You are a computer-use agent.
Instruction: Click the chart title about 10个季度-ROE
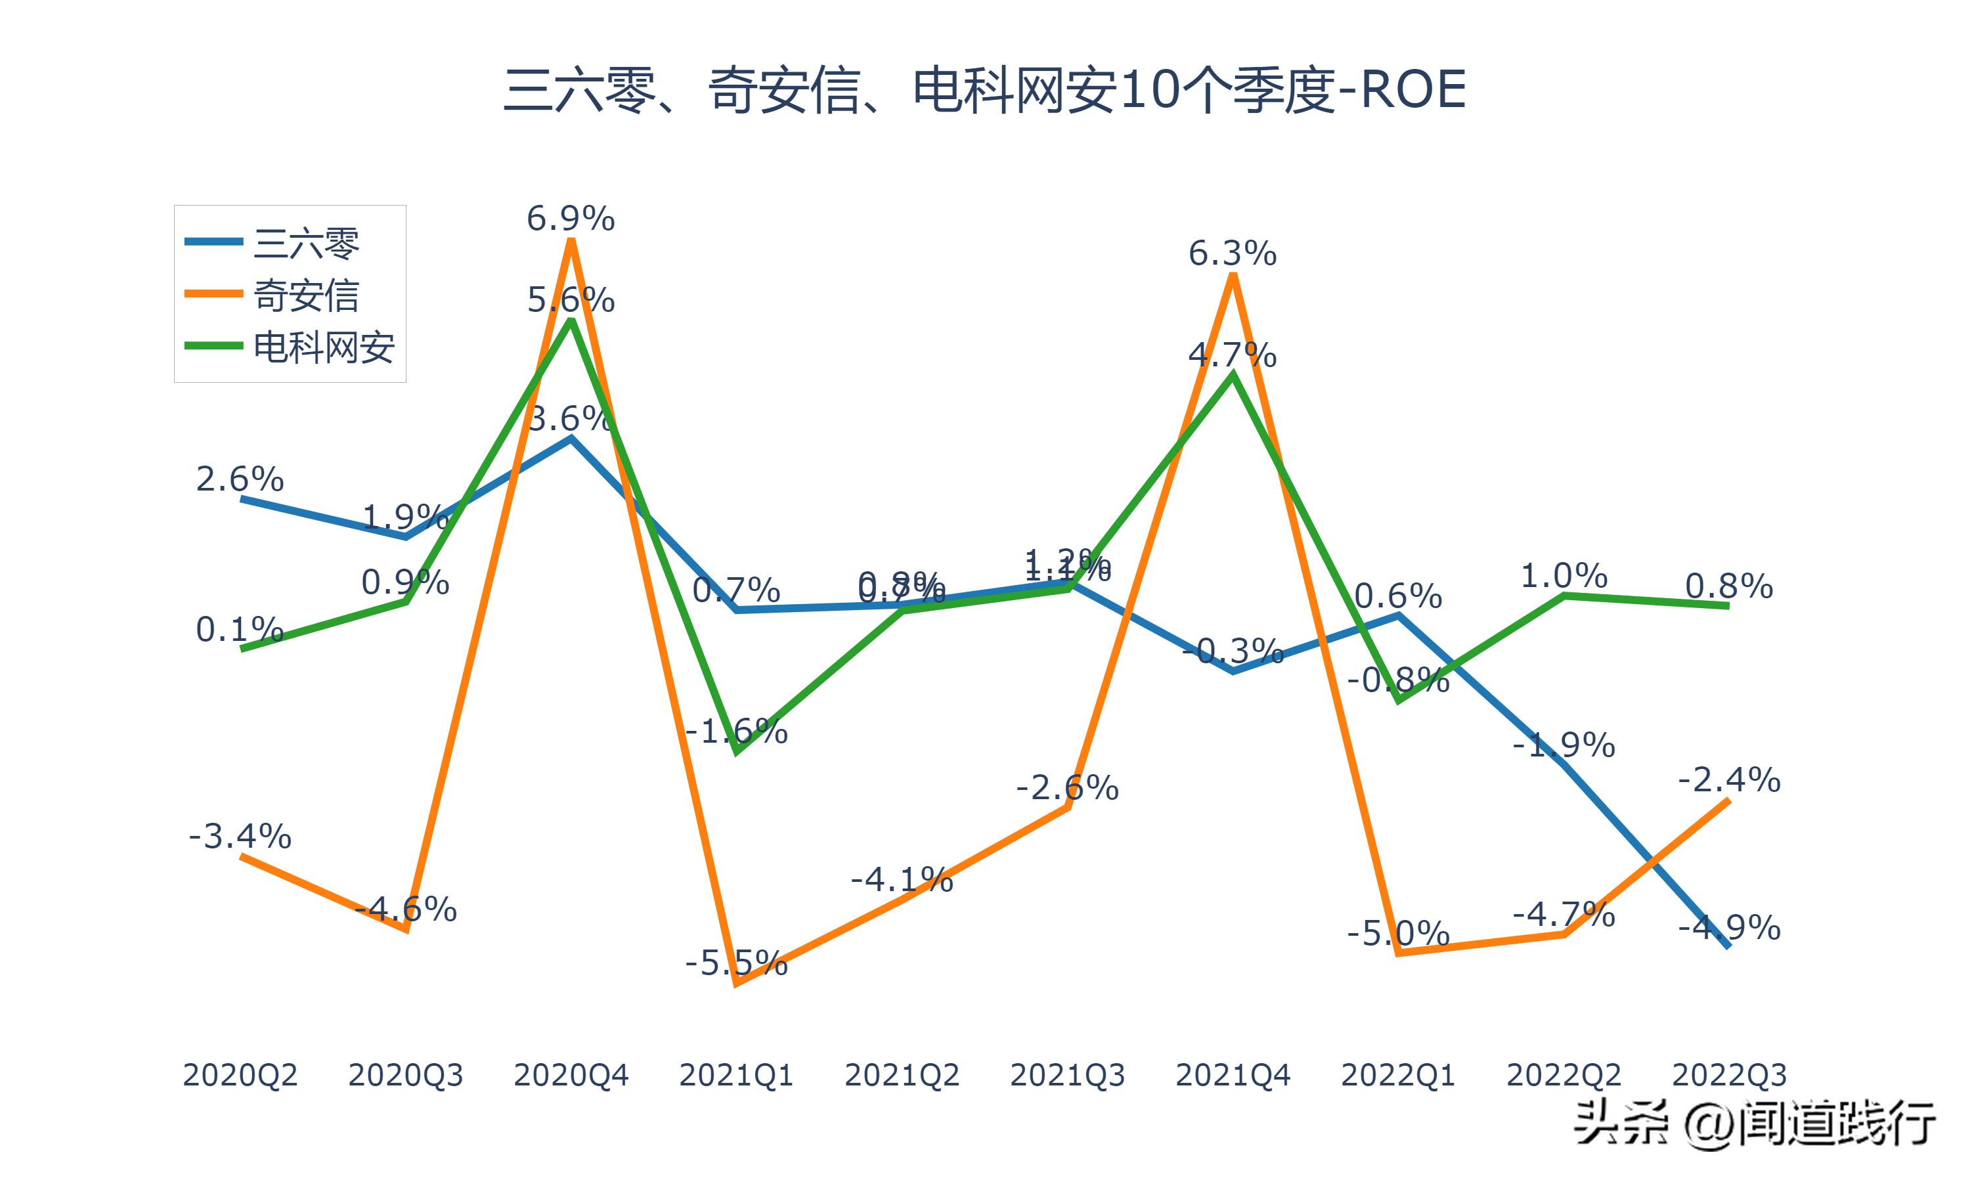coord(984,89)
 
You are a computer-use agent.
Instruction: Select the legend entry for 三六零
coord(306,242)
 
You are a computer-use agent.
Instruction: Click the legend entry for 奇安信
coord(306,295)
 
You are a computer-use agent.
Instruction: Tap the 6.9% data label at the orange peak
coord(570,218)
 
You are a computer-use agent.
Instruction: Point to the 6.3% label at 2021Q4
coord(1232,253)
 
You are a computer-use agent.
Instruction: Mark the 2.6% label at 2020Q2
coord(240,479)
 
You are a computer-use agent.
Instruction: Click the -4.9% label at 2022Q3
coord(1729,928)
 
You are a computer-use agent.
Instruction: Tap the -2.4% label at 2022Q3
coord(1729,779)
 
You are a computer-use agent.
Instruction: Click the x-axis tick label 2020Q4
coord(570,1075)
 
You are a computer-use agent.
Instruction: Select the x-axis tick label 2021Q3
coord(1067,1075)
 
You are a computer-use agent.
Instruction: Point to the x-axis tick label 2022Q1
coord(1398,1075)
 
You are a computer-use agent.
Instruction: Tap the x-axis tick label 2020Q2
coord(240,1075)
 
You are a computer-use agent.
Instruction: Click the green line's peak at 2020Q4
coord(570,321)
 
